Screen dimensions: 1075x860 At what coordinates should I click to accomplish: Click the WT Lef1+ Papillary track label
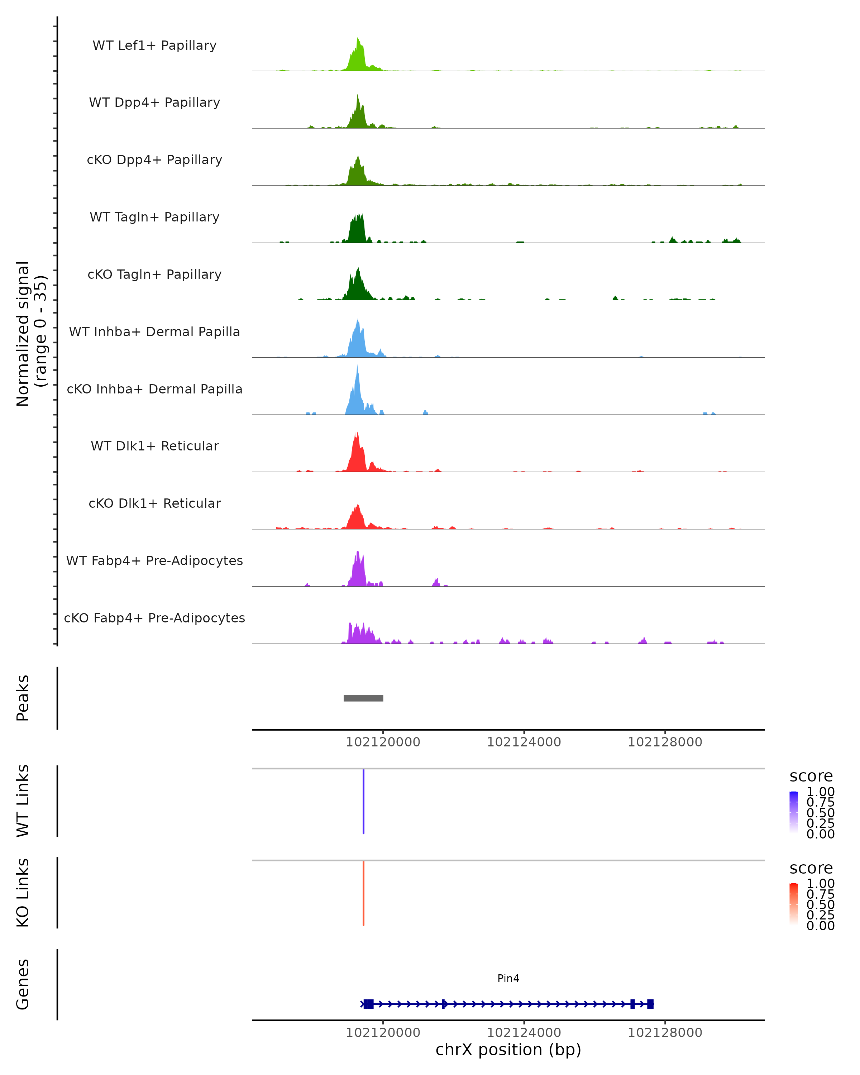click(x=154, y=46)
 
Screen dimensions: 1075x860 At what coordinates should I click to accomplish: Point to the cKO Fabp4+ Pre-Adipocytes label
click(x=154, y=618)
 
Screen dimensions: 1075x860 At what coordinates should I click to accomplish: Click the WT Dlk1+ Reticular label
click(x=154, y=446)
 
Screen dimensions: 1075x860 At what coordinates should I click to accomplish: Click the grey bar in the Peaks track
click(x=363, y=698)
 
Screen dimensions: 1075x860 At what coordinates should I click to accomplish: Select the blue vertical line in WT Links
click(x=363, y=801)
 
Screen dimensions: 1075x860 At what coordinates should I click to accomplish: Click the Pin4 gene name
click(x=508, y=978)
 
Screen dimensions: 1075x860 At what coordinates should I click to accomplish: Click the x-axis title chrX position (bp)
click(x=508, y=1050)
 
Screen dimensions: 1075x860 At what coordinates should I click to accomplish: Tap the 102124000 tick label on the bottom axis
click(x=524, y=1033)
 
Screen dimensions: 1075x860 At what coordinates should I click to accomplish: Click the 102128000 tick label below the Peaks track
click(x=665, y=742)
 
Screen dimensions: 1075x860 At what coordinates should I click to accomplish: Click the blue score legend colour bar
click(x=794, y=812)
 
